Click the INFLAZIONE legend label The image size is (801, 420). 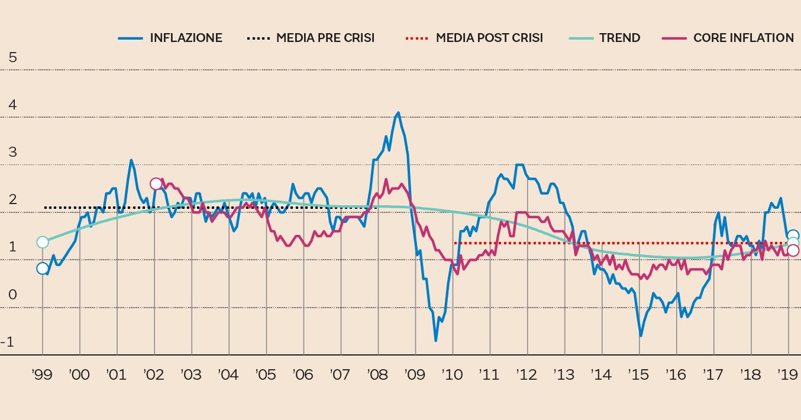point(186,38)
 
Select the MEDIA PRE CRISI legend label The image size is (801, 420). point(325,38)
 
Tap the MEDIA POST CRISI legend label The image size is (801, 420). point(489,38)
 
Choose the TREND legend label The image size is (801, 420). point(619,38)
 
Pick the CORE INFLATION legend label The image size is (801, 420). point(743,38)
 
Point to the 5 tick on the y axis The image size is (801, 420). point(13,57)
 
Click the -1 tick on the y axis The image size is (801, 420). point(8,342)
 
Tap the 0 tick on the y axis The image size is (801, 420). point(13,295)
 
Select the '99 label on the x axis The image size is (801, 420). point(42,374)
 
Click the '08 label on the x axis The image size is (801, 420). point(377,374)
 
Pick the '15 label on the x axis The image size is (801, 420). point(638,374)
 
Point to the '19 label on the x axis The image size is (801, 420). point(788,374)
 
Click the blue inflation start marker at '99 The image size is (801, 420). point(43,269)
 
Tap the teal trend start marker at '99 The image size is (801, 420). point(43,242)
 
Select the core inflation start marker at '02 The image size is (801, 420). point(156,184)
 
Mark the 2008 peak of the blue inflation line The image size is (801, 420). point(398,112)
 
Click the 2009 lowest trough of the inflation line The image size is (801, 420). point(436,341)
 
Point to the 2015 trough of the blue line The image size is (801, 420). point(641,336)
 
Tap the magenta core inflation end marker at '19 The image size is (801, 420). point(793,250)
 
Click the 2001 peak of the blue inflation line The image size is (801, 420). point(131,160)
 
